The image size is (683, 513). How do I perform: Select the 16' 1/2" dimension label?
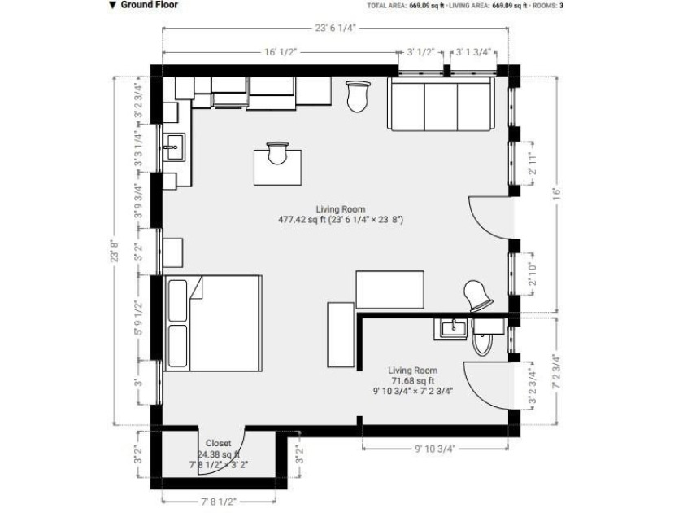pos(281,52)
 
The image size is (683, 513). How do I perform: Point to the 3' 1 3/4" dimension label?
pos(473,52)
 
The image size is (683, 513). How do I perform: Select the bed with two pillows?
pos(213,322)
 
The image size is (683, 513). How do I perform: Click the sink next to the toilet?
pos(452,328)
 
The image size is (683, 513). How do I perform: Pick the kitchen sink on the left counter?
pos(173,147)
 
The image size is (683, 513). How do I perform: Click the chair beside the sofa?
pos(357,97)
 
